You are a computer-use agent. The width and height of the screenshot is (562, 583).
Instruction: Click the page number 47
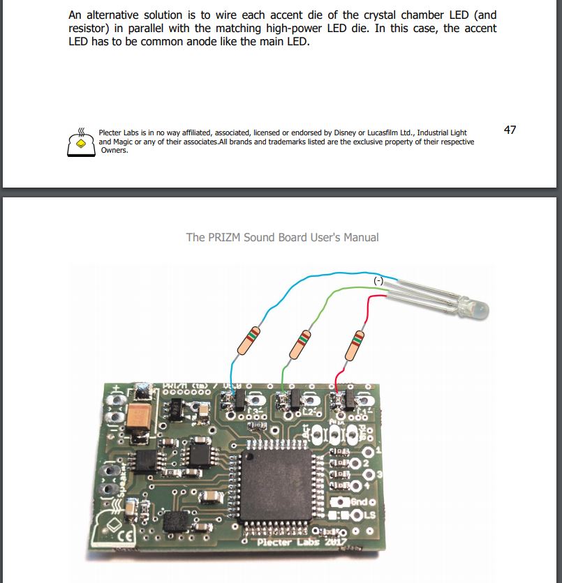click(x=510, y=130)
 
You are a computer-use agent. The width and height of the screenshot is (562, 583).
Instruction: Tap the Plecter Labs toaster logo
click(x=81, y=142)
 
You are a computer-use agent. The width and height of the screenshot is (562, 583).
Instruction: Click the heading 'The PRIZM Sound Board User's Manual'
click(x=282, y=237)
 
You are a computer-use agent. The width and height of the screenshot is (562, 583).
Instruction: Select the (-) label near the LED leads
click(x=378, y=280)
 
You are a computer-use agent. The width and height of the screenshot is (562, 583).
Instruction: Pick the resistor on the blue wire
click(x=249, y=340)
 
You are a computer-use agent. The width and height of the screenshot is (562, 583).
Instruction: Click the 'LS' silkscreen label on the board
click(x=369, y=515)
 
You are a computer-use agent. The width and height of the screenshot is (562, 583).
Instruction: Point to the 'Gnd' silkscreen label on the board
click(x=362, y=502)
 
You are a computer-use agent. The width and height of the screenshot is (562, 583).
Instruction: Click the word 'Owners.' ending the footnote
click(x=114, y=151)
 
